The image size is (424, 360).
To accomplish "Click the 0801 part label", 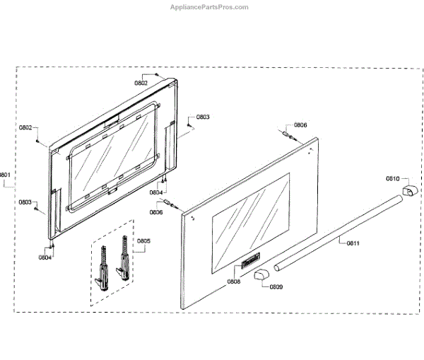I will pos(5,175).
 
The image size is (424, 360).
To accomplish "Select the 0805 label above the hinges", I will pos(143,242).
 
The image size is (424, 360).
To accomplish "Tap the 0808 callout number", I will pos(233,282).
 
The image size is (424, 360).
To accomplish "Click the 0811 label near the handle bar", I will pos(353,244).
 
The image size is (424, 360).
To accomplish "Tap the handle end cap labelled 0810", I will pos(409,192).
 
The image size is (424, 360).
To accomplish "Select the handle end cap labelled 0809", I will pos(262,274).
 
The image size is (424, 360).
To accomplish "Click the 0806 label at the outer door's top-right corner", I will pos(300,125).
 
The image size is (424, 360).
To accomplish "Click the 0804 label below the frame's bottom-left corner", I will pos(45,257).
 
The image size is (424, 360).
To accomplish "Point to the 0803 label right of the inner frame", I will pos(203,117).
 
